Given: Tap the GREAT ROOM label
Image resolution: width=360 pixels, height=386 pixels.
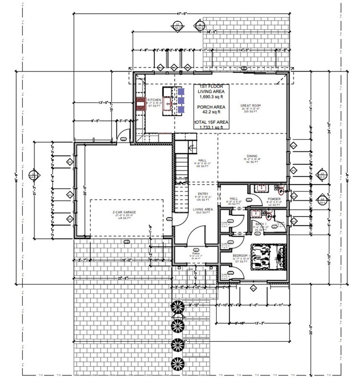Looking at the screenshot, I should [248, 106].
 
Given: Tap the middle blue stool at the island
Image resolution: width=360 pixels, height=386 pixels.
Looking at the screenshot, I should [181, 101].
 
